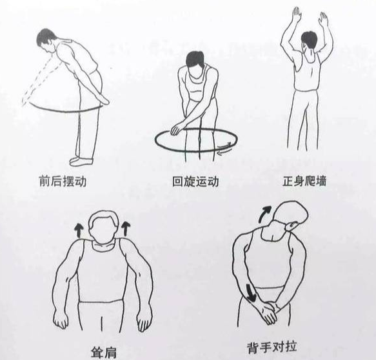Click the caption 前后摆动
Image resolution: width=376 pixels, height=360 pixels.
coord(63,181)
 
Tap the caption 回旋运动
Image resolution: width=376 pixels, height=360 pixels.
coord(195,181)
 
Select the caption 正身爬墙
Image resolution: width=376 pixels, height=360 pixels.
coord(304,181)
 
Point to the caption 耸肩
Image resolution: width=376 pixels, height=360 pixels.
coord(104,352)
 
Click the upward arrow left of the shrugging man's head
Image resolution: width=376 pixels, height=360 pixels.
coord(77,231)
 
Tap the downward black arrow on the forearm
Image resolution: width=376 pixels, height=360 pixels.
coord(250,293)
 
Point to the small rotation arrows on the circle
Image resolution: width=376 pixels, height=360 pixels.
coord(225,148)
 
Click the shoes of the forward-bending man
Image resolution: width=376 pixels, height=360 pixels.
coord(81,161)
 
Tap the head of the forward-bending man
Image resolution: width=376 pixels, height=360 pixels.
coord(47,41)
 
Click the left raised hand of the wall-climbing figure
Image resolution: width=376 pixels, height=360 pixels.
coord(297,15)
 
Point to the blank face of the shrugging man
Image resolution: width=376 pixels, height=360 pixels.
coord(104,230)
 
